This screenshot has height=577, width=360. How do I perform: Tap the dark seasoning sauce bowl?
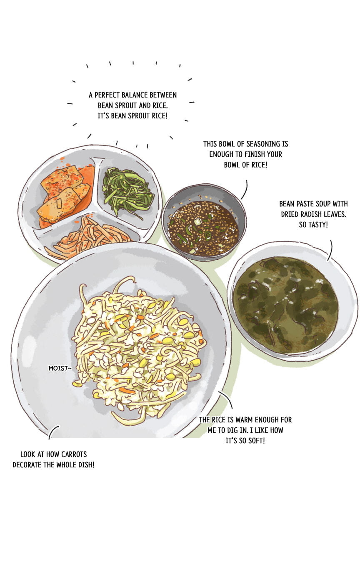coord(204,223)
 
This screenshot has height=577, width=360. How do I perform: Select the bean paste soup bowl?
coord(292,301)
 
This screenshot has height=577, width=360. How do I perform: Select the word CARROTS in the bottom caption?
coord(74,454)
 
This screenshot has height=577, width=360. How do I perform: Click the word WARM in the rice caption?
coord(242,420)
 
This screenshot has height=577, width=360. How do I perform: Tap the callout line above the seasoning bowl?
coord(245,190)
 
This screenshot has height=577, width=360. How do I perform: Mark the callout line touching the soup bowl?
coord(330,250)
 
